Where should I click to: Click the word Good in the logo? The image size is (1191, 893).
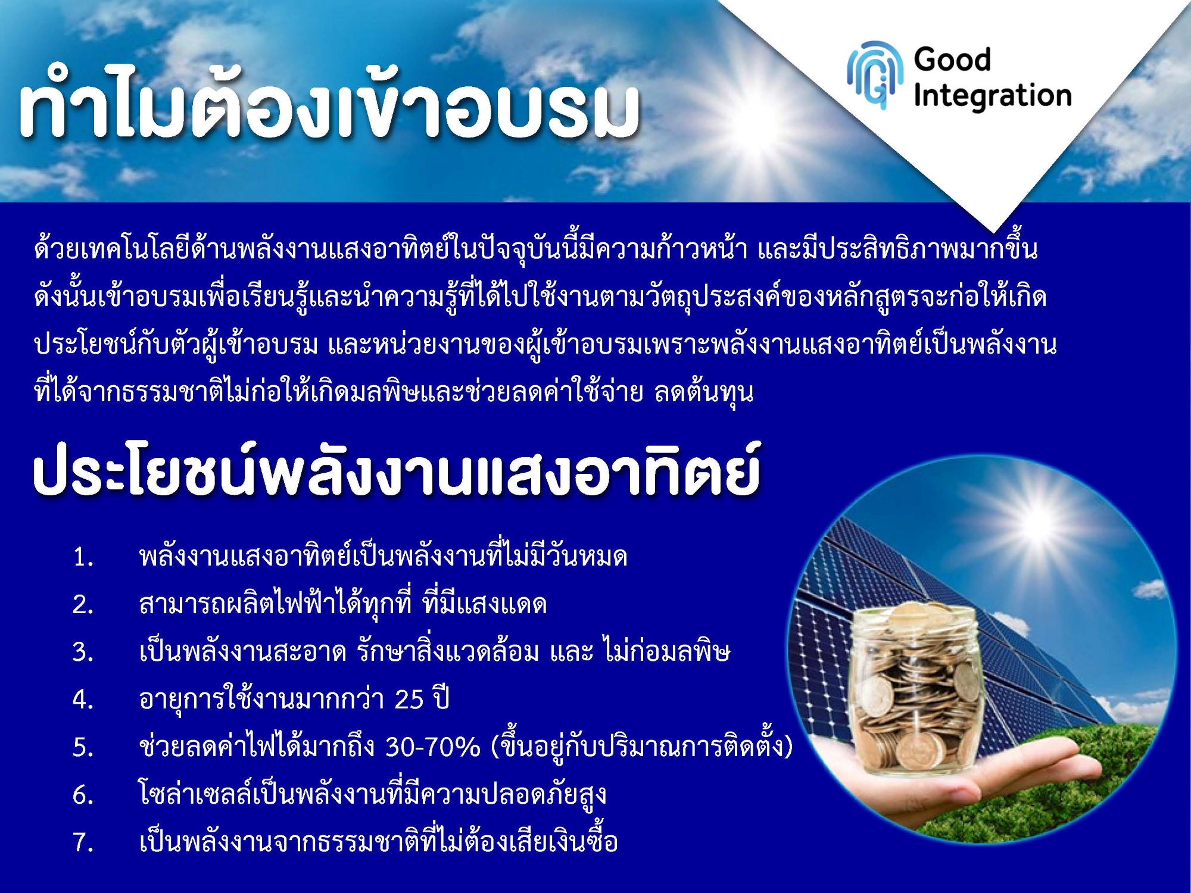(952, 60)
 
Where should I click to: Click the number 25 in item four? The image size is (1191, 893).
(409, 700)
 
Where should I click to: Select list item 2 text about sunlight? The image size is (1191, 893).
(343, 604)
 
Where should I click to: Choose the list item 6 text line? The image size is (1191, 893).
(372, 794)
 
